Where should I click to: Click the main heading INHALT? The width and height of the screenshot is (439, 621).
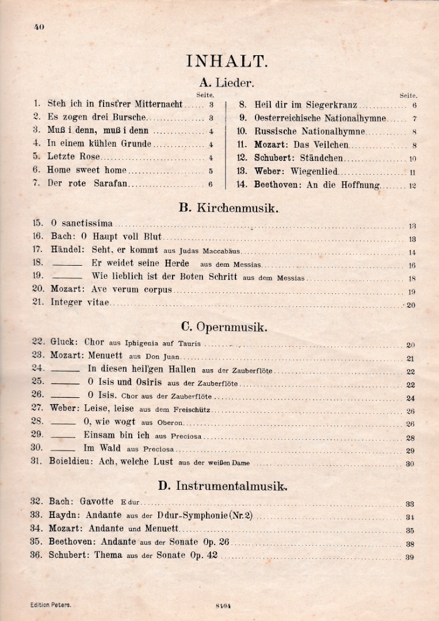(226, 62)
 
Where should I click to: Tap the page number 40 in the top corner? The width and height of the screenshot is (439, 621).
(39, 26)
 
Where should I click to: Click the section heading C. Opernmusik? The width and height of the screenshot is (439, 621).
(224, 327)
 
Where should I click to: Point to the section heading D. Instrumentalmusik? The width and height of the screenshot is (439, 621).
(223, 486)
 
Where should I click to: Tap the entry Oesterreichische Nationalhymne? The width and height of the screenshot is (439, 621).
(320, 118)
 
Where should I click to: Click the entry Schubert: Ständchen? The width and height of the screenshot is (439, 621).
(299, 158)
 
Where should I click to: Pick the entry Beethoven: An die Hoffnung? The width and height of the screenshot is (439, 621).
(317, 185)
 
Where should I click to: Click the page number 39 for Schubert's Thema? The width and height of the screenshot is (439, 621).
(410, 557)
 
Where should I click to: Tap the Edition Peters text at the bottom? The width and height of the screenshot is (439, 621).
(51, 605)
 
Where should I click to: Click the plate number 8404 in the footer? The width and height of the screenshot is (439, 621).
(223, 605)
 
